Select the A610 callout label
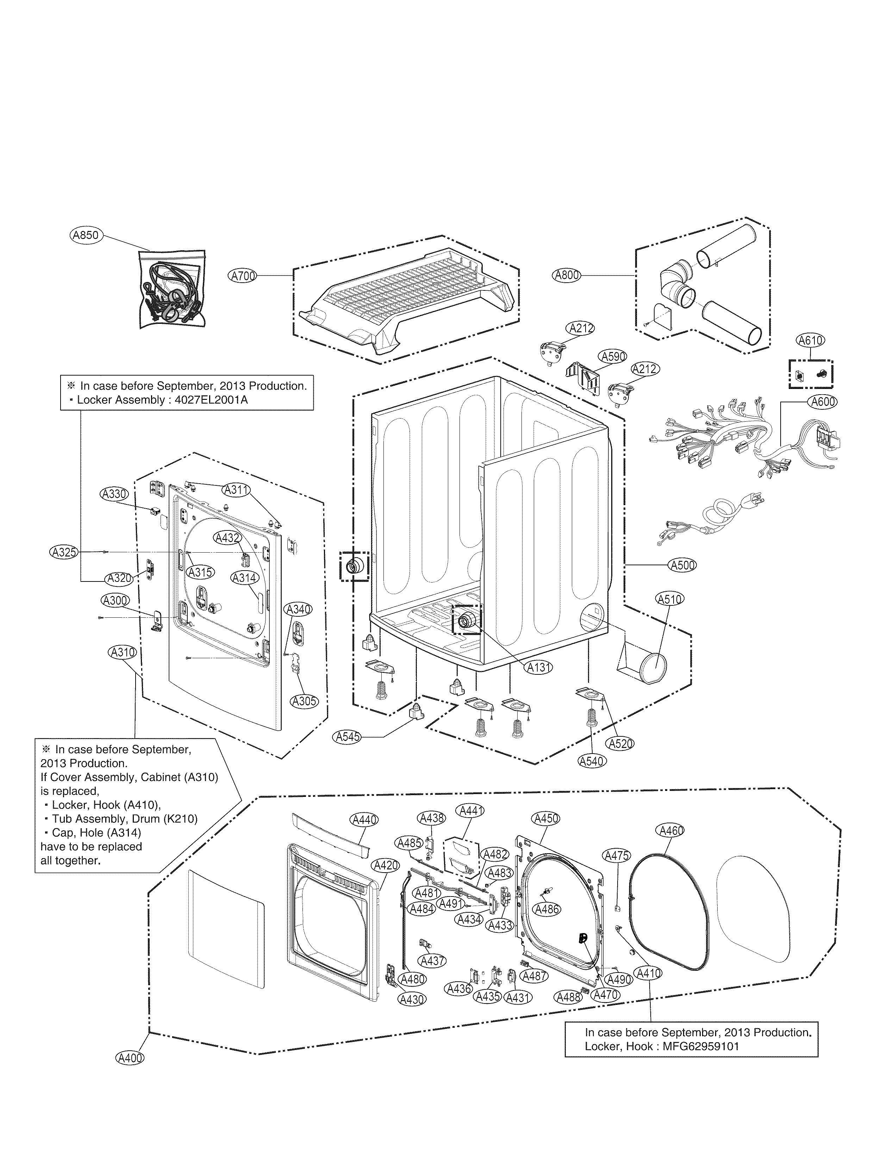click(810, 340)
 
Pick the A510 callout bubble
click(669, 599)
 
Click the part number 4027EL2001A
click(215, 400)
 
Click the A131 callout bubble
click(539, 667)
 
